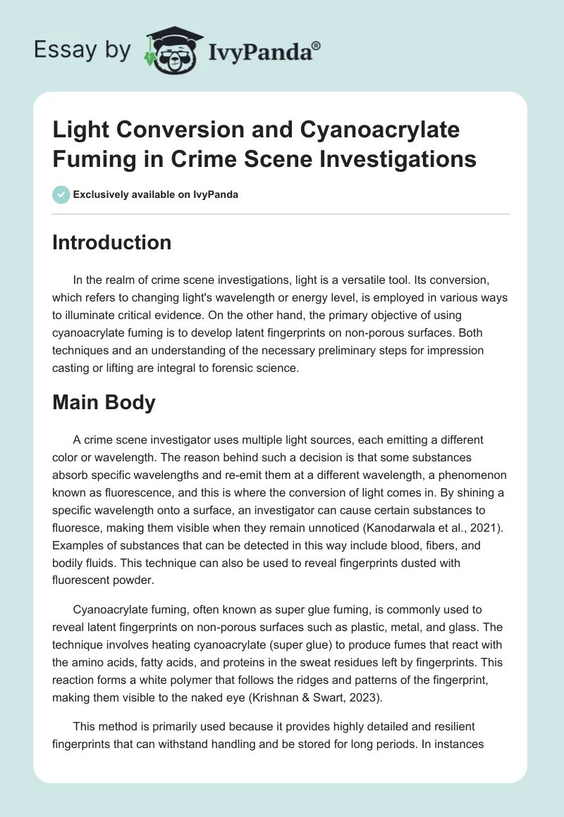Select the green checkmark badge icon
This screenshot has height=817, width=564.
tap(61, 194)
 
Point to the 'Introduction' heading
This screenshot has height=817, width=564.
tap(112, 242)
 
